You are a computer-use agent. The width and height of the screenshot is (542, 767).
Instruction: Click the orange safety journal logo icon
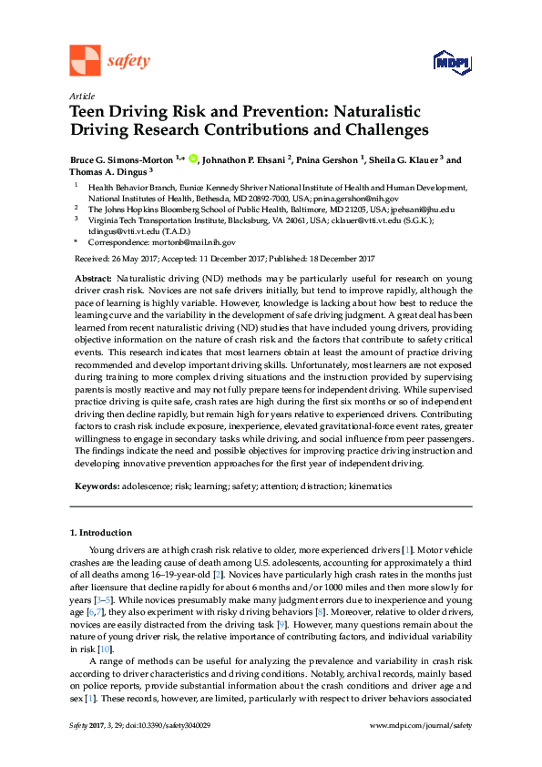[85, 60]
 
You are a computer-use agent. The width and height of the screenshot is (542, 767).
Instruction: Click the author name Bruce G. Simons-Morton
[122, 159]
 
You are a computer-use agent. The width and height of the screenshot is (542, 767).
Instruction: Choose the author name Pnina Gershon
[330, 159]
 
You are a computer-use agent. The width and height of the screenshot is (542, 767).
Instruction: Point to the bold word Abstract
[93, 277]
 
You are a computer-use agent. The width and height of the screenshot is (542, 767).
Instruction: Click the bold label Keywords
[96, 486]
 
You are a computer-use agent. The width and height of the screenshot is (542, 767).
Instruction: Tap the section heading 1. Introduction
[101, 532]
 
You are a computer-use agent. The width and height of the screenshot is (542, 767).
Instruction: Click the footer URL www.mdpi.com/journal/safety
[422, 750]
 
